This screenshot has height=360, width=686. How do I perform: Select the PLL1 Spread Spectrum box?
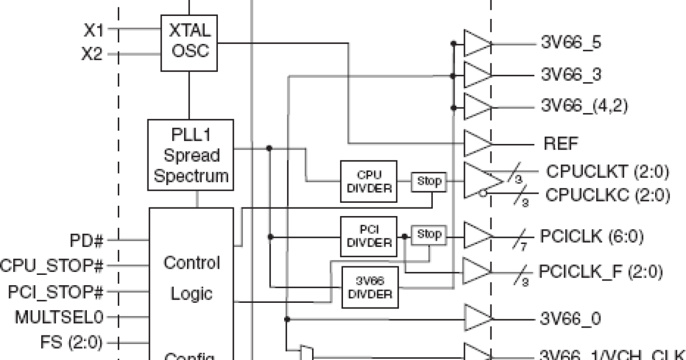(x=190, y=155)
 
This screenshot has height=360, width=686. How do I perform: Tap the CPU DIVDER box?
(x=369, y=181)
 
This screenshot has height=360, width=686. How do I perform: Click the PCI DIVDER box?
(x=369, y=236)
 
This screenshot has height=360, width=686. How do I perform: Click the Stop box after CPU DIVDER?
(x=429, y=182)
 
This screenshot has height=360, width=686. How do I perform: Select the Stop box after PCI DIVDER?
(x=429, y=234)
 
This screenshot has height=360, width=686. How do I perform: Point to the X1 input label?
(x=93, y=30)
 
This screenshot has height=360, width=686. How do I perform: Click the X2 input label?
(x=92, y=55)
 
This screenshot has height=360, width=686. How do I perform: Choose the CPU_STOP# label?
(x=52, y=266)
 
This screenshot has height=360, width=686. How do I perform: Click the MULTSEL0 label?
(x=60, y=317)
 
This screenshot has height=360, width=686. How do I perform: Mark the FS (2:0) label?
(x=71, y=343)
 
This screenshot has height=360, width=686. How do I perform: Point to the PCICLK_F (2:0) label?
(x=600, y=272)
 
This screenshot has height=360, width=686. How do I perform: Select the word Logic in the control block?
(x=192, y=294)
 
